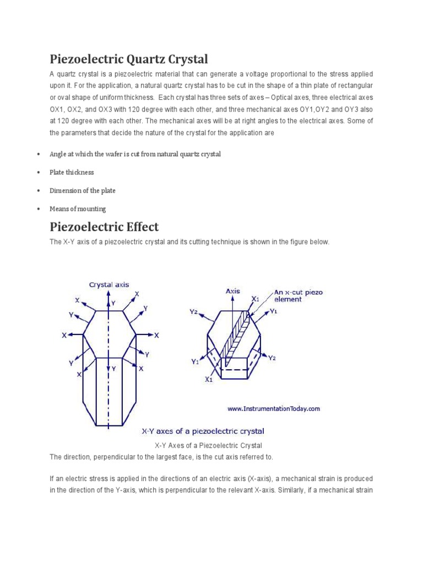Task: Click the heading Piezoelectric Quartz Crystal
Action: (x=129, y=58)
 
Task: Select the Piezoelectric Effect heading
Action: (x=104, y=227)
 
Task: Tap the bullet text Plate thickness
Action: (x=72, y=172)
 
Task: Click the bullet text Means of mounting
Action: (x=78, y=209)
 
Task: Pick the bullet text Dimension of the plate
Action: (x=83, y=190)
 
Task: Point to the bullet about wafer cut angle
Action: (x=135, y=154)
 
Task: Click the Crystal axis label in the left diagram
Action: (x=110, y=285)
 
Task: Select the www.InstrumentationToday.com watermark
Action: (x=273, y=409)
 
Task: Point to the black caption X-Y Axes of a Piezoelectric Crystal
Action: (x=208, y=445)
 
